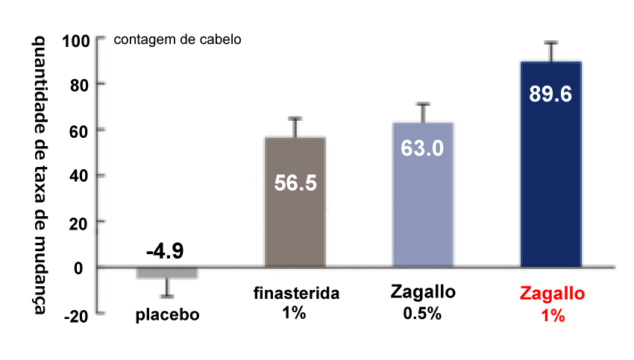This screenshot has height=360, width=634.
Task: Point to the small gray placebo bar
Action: point(167,273)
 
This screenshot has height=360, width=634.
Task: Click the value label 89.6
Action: point(550,95)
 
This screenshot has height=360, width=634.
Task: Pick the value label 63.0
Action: point(423,148)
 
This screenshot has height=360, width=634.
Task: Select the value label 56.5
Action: point(295,183)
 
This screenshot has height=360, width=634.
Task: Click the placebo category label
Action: point(168,315)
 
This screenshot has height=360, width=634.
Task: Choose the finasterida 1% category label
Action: point(295,302)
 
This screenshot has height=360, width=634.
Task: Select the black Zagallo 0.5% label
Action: point(423,302)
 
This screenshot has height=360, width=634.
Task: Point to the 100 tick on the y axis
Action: point(76,40)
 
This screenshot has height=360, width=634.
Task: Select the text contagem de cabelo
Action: point(177,40)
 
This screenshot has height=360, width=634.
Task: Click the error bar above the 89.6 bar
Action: point(551,51)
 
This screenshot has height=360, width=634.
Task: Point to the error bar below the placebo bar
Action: point(168,288)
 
